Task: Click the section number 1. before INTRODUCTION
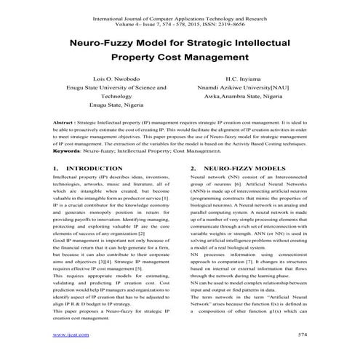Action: (x=56, y=167)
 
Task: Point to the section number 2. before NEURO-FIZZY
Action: (x=192, y=167)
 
